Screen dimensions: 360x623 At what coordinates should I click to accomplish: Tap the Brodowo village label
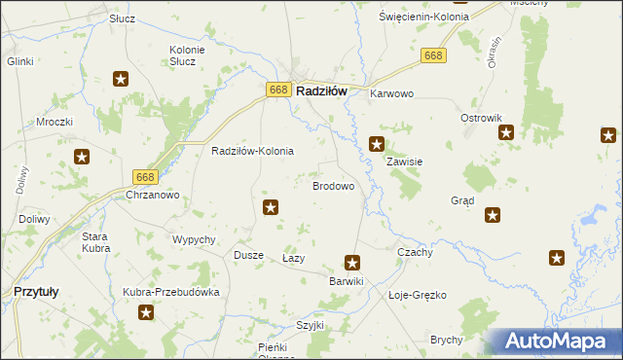pos(332,185)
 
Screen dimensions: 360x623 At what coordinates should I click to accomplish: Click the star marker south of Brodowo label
pos(272,206)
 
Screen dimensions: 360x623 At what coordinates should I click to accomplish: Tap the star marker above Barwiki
pos(352,262)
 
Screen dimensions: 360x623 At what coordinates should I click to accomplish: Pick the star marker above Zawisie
pos(377,144)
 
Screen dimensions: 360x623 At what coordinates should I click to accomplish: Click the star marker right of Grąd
pos(493,215)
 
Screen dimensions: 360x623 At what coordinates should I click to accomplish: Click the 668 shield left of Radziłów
pos(278,90)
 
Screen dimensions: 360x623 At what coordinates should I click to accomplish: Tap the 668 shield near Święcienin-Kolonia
pos(435,56)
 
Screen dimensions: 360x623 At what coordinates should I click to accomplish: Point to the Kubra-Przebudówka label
pos(171,292)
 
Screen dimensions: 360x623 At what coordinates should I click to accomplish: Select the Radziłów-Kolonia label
pos(252,152)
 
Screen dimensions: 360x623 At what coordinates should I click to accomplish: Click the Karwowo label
pos(392,94)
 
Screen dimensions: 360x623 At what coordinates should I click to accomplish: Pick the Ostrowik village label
pos(480,117)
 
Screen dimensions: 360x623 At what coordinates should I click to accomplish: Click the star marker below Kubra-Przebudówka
pos(146,312)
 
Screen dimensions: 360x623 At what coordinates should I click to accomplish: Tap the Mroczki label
pos(55,123)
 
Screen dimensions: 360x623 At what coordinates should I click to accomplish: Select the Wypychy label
pos(193,239)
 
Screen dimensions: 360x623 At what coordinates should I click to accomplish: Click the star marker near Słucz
pos(121,80)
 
